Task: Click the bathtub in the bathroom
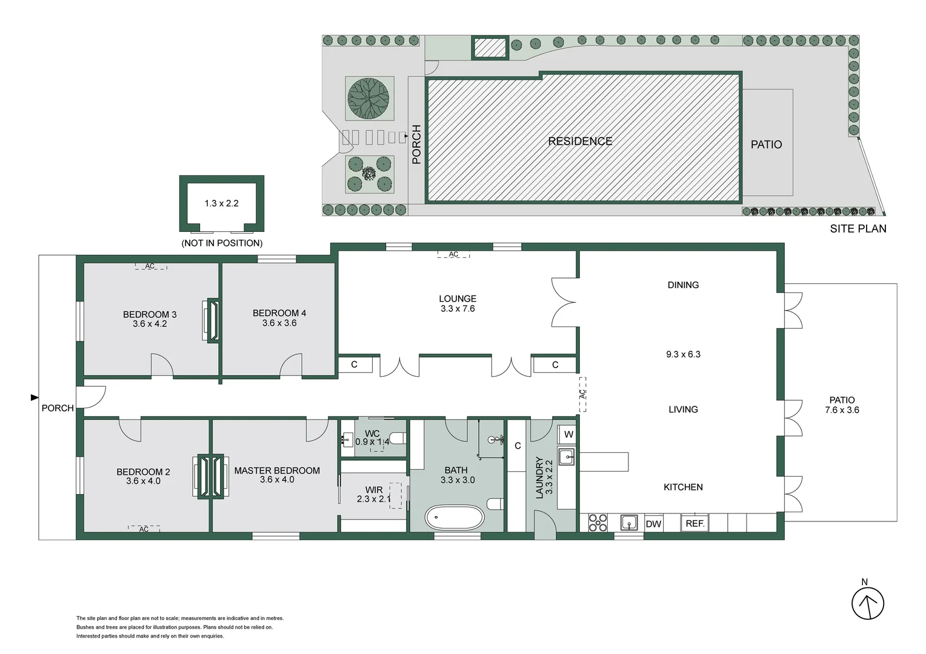click(x=455, y=518)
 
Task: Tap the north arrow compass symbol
click(x=868, y=604)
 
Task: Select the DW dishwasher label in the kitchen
click(x=653, y=524)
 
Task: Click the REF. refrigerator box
click(x=695, y=523)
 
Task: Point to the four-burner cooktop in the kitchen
click(x=598, y=523)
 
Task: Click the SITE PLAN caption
click(x=858, y=229)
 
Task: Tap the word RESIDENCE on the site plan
click(x=580, y=141)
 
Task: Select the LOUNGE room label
click(x=458, y=299)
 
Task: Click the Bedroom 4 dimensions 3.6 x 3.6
click(x=279, y=323)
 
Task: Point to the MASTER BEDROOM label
click(x=277, y=471)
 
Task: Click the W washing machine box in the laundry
click(x=568, y=434)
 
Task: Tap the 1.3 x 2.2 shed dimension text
click(x=221, y=203)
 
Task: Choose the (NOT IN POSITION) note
click(x=222, y=243)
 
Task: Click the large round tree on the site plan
click(x=368, y=98)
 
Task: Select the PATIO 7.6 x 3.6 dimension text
click(x=842, y=410)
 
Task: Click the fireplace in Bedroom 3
click(x=212, y=320)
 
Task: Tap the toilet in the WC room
click(x=398, y=437)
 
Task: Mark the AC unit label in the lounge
click(x=453, y=254)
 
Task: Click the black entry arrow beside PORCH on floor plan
click(x=35, y=397)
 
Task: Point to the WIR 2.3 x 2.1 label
click(x=373, y=495)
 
